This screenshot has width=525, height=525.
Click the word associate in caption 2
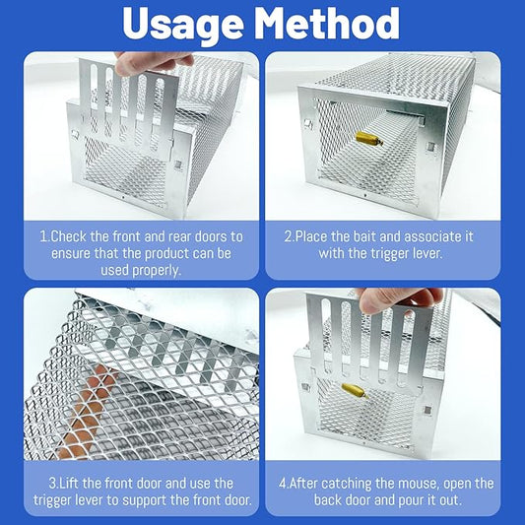point(427,235)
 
